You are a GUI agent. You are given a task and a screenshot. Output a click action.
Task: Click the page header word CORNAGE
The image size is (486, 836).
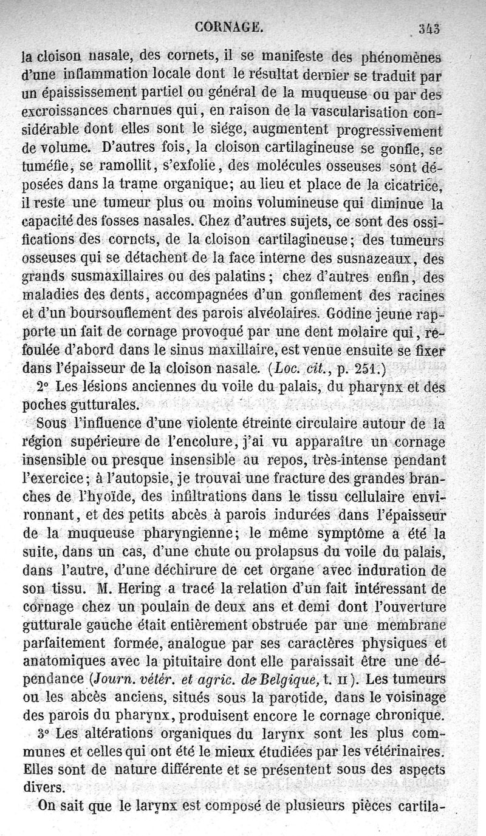pos(229,27)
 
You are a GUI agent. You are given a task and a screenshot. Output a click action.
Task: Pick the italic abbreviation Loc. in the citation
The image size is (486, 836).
pos(286,367)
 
